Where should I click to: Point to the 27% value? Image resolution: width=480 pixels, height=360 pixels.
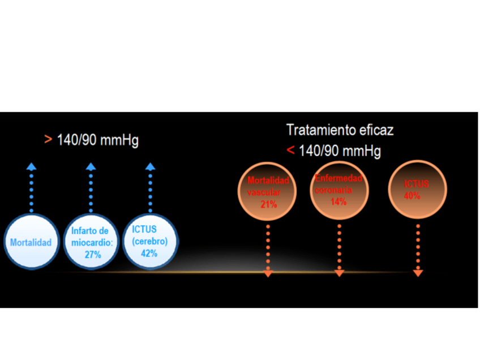(93, 255)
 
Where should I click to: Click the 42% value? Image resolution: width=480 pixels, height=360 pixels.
(149, 253)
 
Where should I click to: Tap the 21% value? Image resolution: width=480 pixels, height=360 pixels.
(269, 204)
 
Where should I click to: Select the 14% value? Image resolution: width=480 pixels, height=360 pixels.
(338, 202)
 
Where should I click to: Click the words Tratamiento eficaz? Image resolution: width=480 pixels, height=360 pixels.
(340, 130)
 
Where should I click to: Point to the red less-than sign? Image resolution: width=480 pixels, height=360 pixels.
(290, 151)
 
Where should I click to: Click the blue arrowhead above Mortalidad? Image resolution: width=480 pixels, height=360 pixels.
(31, 166)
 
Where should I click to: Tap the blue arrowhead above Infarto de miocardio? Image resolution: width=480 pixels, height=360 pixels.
(91, 166)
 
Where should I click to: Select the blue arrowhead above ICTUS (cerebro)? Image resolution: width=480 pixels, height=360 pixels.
(149, 166)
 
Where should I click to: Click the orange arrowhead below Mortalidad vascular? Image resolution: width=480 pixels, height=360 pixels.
(268, 273)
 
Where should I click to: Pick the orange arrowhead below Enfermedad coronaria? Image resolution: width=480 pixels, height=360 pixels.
(339, 273)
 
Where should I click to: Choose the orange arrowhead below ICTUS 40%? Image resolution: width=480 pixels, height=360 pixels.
(418, 273)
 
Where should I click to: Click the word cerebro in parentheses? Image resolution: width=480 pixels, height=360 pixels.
(149, 241)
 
